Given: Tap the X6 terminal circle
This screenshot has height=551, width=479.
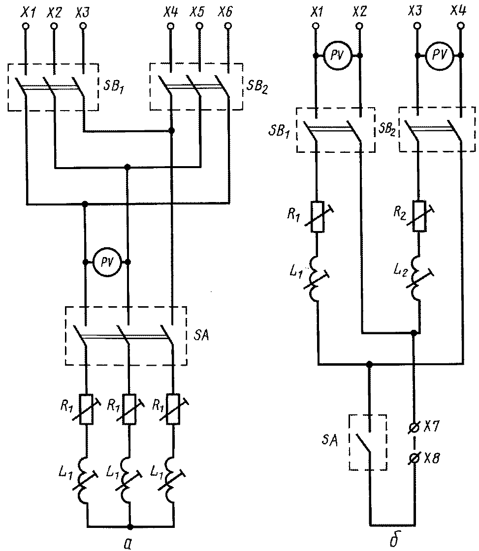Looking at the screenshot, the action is [228, 26].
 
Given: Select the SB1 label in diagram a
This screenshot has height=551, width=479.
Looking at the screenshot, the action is [113, 87].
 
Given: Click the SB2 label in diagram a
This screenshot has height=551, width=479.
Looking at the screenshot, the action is [257, 87].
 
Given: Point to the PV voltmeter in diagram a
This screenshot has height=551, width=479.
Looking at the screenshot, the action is [107, 262].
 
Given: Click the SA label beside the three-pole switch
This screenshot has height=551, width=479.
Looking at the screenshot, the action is [201, 335].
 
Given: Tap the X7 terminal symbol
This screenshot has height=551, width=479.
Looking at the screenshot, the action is [415, 428].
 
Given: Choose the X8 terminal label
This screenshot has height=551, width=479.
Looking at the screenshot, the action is [431, 458].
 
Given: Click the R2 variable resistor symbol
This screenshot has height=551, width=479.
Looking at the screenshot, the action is [419, 216].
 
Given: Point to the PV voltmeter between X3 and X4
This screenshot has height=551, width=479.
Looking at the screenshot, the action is [439, 55].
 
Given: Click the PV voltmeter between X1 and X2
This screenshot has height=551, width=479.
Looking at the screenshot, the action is [337, 56].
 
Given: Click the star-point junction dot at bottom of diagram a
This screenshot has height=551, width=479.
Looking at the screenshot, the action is [130, 527].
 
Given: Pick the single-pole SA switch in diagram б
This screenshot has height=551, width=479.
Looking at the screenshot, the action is [367, 442].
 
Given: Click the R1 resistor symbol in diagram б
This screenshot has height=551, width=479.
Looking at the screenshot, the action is [318, 216].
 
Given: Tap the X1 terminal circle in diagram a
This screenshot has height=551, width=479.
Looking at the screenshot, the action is [25, 26].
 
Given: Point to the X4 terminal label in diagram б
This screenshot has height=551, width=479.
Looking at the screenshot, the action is [458, 12].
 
